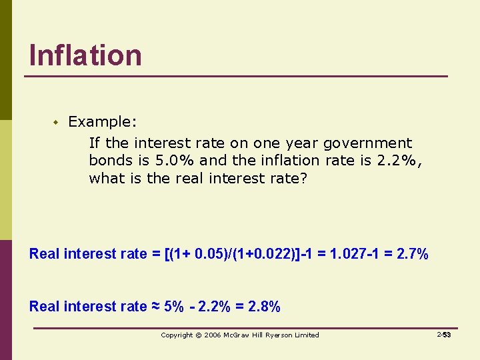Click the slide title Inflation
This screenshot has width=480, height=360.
(85, 55)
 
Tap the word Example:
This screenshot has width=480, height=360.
(103, 122)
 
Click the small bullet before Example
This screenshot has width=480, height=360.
(57, 122)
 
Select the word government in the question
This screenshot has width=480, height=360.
(368, 143)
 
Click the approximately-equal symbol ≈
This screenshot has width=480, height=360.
(155, 307)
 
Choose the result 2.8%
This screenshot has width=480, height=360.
(264, 307)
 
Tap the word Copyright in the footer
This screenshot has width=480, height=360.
(177, 335)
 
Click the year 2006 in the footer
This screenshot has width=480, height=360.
(212, 335)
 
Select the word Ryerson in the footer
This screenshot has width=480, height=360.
(279, 335)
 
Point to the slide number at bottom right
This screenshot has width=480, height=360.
(444, 335)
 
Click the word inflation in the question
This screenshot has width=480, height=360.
(296, 161)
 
